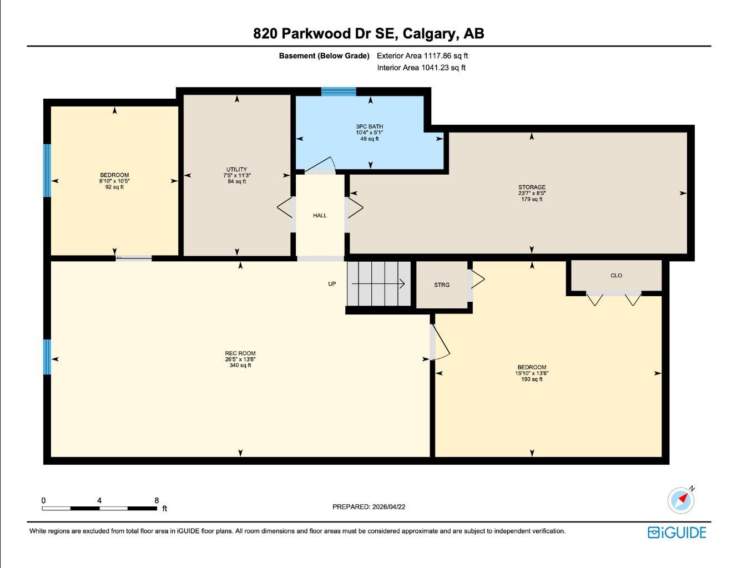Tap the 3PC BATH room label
tap(369, 127)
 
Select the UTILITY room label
tap(236, 170)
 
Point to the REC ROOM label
tap(240, 353)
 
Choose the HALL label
tap(320, 215)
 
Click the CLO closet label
tap(616, 276)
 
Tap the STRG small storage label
tap(442, 285)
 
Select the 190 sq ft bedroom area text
tap(532, 379)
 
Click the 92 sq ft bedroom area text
tap(114, 187)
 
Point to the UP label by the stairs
tap(332, 284)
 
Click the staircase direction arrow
tap(378, 284)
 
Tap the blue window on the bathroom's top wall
tap(339, 92)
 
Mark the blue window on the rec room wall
tap(47, 357)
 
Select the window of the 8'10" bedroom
tap(47, 170)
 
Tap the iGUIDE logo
tap(677, 532)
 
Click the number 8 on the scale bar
tap(157, 500)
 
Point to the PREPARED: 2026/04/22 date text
tap(368, 506)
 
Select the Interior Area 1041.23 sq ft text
tap(421, 68)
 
